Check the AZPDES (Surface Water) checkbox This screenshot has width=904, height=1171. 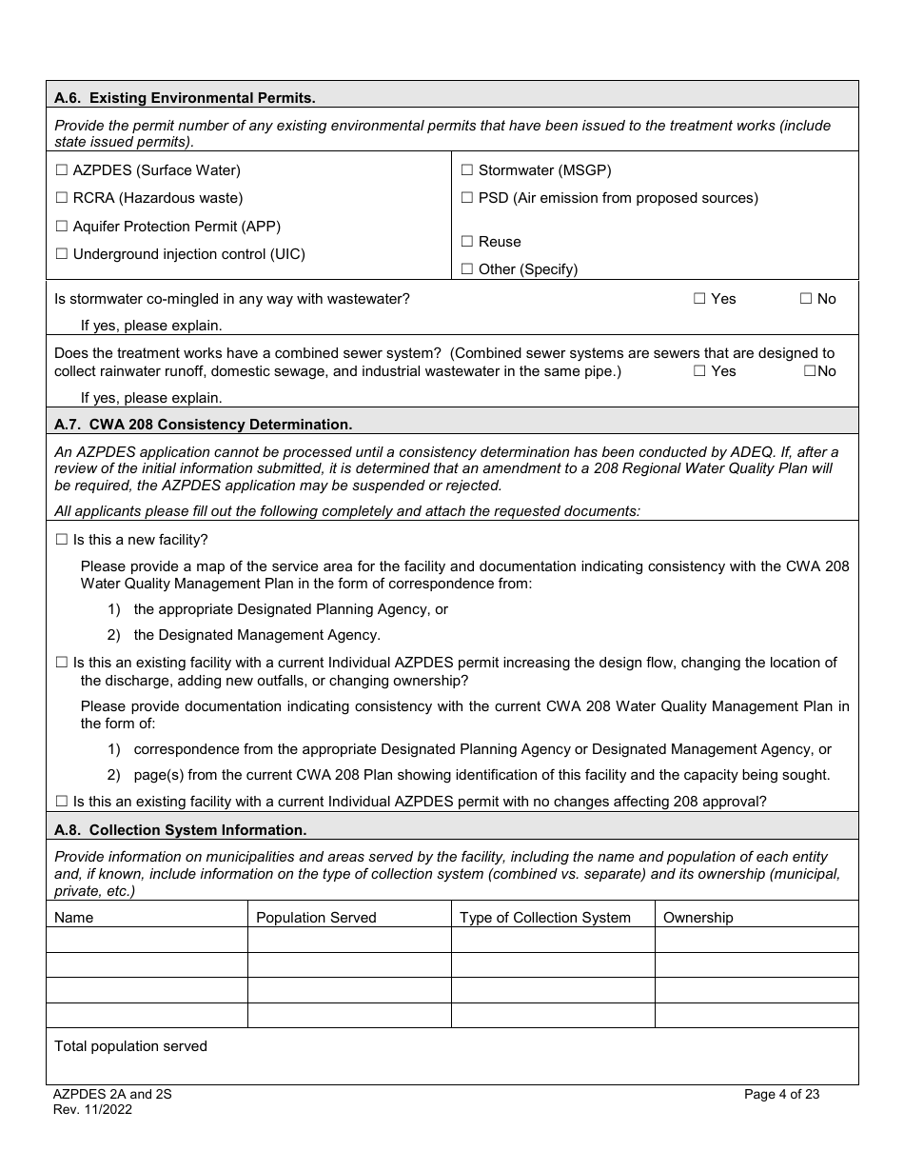62,170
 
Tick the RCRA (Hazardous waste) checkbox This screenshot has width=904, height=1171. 62,198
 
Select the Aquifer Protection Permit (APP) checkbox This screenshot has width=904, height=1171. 62,227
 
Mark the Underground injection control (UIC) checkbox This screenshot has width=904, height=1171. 62,254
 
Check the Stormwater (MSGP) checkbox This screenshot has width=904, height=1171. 467,170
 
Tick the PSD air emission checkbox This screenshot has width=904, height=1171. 467,198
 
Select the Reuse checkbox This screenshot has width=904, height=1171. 467,242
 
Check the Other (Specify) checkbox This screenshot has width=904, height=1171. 467,269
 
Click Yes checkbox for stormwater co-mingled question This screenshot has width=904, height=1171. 699,299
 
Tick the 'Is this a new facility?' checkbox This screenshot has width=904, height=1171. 62,540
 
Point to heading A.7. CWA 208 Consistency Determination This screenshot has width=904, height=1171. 203,424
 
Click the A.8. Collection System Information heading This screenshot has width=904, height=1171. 180,830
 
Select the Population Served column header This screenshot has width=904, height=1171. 316,918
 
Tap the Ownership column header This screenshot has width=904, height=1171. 698,918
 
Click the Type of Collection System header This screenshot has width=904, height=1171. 544,918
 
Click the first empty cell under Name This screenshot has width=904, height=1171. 147,941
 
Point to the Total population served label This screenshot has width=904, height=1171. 130,1046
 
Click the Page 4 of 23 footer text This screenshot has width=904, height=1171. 781,1095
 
